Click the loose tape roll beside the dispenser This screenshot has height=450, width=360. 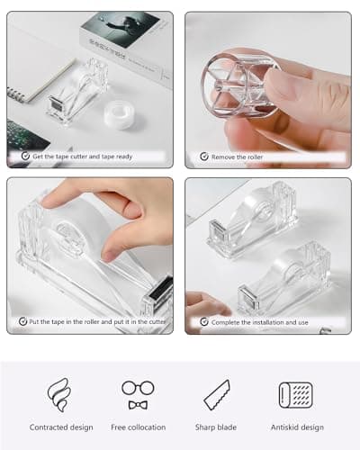pyautogui.click(x=120, y=115)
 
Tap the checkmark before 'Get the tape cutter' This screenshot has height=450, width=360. pyautogui.click(x=25, y=156)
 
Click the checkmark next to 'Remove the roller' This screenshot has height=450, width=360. pyautogui.click(x=204, y=157)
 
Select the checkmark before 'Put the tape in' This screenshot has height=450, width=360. pyautogui.click(x=22, y=321)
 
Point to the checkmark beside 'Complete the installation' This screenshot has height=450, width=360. pyautogui.click(x=204, y=322)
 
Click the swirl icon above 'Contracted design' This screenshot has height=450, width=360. pyautogui.click(x=59, y=394)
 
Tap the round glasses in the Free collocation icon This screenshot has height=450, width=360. pyautogui.click(x=138, y=388)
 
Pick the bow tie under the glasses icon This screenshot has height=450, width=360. pyautogui.click(x=138, y=405)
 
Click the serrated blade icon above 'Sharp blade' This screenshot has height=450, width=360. pyautogui.click(x=217, y=395)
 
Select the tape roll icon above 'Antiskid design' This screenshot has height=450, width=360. pyautogui.click(x=295, y=395)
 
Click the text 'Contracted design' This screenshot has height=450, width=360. pyautogui.click(x=61, y=427)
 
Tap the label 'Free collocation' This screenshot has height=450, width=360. pyautogui.click(x=139, y=427)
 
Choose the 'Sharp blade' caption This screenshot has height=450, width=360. pyautogui.click(x=216, y=427)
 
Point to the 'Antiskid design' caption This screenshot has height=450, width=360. pyautogui.click(x=297, y=427)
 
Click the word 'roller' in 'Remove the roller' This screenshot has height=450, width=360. pyautogui.click(x=254, y=157)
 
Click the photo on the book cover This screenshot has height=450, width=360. pyautogui.click(x=121, y=29)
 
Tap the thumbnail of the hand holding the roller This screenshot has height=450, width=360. pyautogui.click(x=268, y=90)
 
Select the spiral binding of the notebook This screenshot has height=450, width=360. pyautogui.click(x=15, y=94)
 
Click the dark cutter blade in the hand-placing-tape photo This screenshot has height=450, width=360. pyautogui.click(x=163, y=291)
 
